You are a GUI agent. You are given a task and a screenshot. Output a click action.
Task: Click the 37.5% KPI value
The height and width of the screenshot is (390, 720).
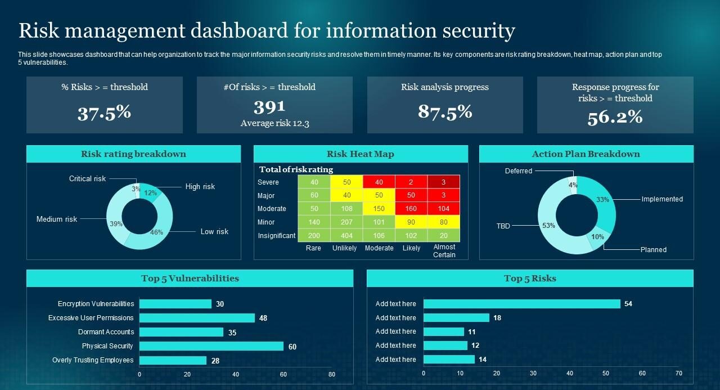pos(104,113)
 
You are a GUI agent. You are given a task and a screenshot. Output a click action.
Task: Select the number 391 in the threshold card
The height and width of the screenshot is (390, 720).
pos(269,106)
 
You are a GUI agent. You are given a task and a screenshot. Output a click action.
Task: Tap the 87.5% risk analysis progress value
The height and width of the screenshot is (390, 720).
pos(445,111)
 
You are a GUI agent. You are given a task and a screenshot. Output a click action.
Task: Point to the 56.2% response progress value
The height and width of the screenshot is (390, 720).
pos(615,117)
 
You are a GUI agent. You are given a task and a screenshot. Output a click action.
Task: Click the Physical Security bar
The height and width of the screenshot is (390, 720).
pos(211,346)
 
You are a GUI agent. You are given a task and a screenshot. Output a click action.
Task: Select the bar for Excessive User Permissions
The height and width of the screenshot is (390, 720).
pos(197,318)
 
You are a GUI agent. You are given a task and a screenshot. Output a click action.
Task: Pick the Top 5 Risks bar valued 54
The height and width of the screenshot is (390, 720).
pos(521,304)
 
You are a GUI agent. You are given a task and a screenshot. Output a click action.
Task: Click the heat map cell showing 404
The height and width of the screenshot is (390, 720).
pos(346,236)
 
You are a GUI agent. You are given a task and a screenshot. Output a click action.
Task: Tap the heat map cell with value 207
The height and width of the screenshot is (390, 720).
pos(346,222)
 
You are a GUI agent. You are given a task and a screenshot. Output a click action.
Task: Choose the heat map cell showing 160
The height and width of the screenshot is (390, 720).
pos(411,209)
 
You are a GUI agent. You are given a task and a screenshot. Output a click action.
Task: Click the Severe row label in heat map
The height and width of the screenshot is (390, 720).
pos(268,182)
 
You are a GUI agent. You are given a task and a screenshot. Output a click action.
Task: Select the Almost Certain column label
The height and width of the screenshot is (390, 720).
pos(444,251)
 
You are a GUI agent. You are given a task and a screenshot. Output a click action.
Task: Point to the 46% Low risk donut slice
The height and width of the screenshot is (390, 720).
pos(152,236)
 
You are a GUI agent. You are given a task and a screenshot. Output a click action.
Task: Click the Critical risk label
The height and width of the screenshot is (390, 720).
pos(87,179)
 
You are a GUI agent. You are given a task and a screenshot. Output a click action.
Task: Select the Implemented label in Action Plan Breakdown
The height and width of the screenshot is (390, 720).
pos(662,199)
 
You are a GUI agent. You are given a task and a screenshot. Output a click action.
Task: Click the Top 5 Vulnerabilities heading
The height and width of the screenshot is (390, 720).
pos(190,279)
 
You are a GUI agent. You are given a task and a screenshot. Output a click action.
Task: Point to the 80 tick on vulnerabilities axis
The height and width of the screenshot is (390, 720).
pos(331,374)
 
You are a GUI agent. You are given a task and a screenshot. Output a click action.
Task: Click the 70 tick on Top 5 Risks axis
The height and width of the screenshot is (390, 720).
pos(679,373)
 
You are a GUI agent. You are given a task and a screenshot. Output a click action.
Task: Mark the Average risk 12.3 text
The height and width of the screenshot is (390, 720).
pos(274,123)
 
